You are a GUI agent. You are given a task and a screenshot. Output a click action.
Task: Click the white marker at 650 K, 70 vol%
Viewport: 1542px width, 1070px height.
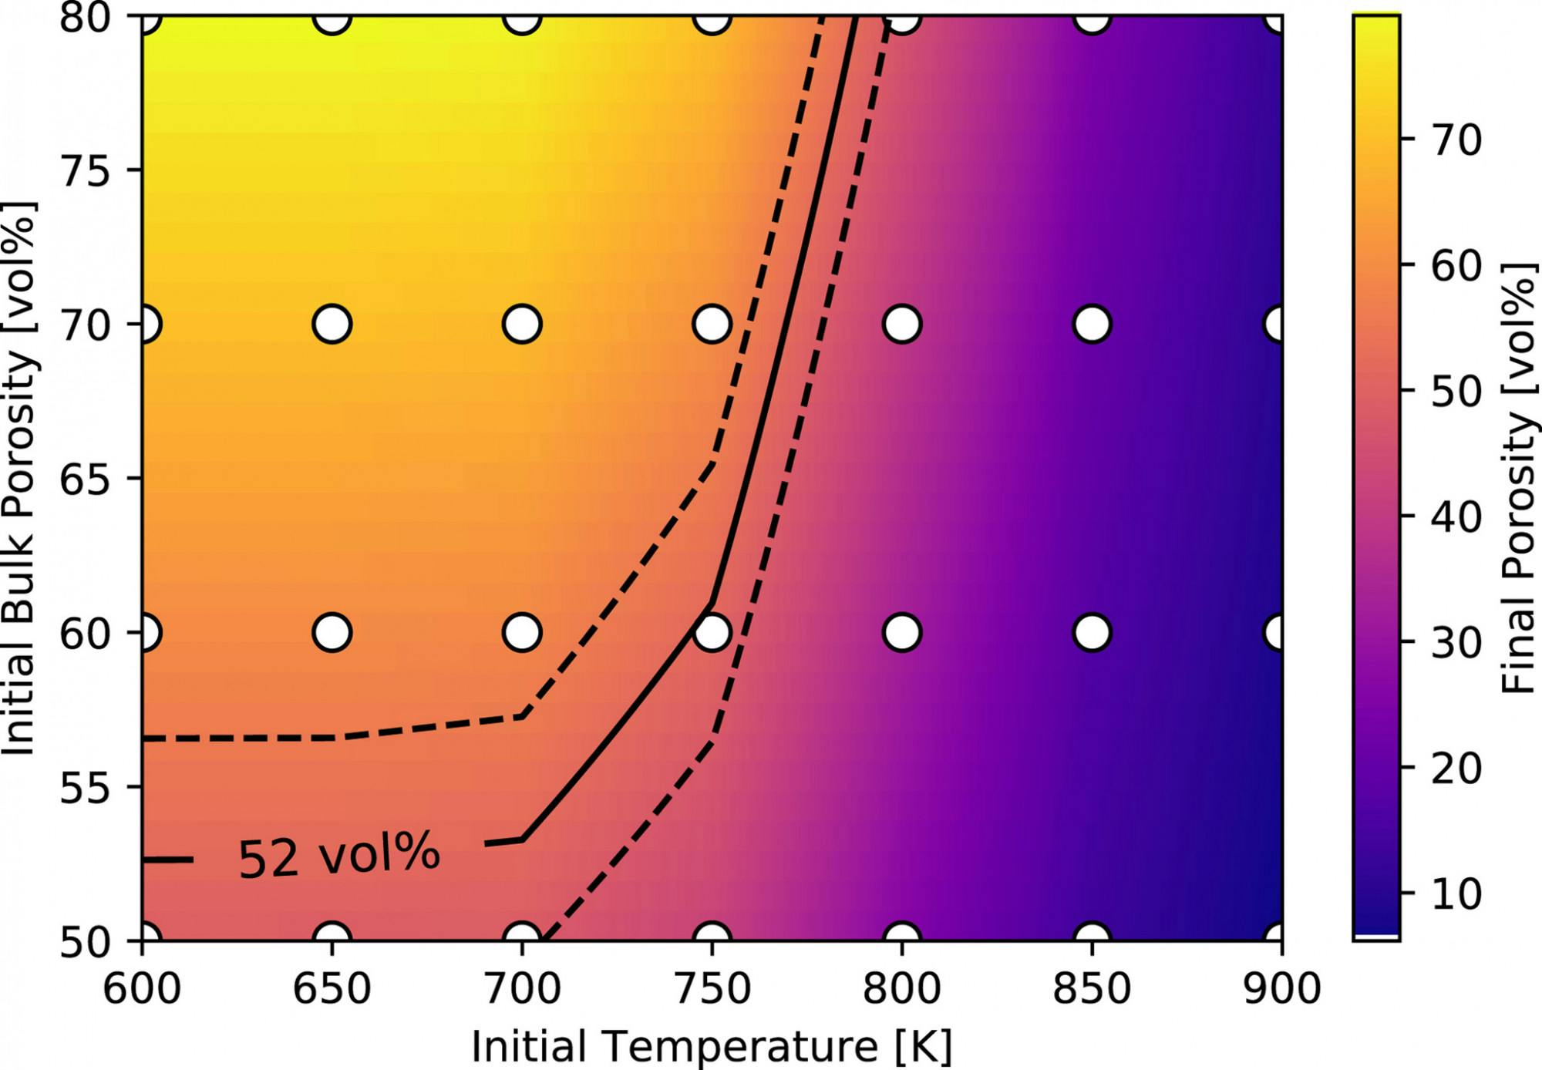click(x=332, y=324)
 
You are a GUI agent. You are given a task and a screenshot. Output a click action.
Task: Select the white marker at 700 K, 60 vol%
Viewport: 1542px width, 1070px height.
click(x=522, y=632)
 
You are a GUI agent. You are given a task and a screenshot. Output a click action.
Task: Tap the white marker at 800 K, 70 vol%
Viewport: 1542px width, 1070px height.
click(x=902, y=324)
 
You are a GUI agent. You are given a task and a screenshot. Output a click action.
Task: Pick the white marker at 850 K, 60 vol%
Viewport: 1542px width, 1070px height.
click(x=1092, y=632)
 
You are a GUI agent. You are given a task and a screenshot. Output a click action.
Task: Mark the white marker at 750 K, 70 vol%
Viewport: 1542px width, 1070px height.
click(x=712, y=324)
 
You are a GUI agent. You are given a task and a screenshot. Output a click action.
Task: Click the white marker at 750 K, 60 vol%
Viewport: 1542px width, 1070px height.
click(x=712, y=632)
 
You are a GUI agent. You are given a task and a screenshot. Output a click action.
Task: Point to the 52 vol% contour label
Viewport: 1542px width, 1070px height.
click(x=338, y=855)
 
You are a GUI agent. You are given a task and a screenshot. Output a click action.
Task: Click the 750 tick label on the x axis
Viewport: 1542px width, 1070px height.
click(x=712, y=988)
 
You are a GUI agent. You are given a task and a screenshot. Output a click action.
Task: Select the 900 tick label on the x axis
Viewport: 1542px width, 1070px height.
click(x=1281, y=988)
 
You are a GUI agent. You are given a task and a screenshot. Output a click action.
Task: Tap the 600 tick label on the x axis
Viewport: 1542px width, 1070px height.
click(x=142, y=988)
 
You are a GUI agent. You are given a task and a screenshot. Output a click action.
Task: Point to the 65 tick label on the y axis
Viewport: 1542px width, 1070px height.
click(x=85, y=479)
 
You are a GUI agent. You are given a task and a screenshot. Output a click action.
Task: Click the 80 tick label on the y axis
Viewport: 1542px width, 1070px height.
click(x=85, y=17)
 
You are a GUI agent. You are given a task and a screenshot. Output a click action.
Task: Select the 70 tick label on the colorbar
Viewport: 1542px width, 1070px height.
click(x=1456, y=140)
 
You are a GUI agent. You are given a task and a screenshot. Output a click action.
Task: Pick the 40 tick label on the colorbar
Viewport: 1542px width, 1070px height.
click(x=1456, y=516)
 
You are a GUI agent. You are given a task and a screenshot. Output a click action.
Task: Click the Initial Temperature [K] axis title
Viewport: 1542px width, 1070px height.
click(x=712, y=1047)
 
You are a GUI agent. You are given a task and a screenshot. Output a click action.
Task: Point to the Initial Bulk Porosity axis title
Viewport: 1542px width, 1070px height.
click(x=19, y=478)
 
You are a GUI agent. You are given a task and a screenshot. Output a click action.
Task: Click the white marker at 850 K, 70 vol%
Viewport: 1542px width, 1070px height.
click(x=1092, y=324)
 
